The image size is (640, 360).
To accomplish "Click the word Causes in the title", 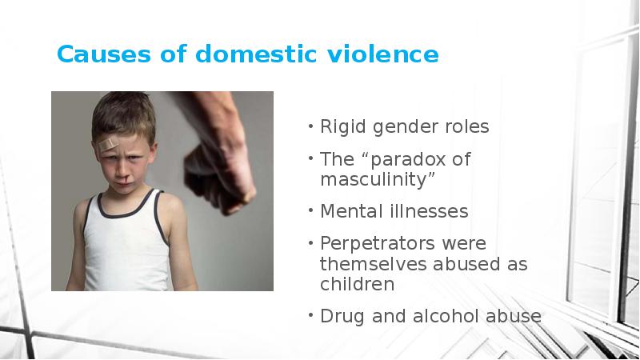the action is point(104,54).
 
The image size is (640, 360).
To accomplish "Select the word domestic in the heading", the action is point(256,54).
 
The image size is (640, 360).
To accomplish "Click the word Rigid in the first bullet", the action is point(343,127).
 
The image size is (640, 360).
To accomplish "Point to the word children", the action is point(357,284).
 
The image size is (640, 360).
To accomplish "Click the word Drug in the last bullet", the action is point(342,317).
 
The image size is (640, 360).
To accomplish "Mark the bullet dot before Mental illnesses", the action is point(310,210).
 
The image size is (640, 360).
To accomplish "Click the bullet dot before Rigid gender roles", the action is point(310,126).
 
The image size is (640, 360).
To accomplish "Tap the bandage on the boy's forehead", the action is point(109,144).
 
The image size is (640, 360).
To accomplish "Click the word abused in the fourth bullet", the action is point(466,264).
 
